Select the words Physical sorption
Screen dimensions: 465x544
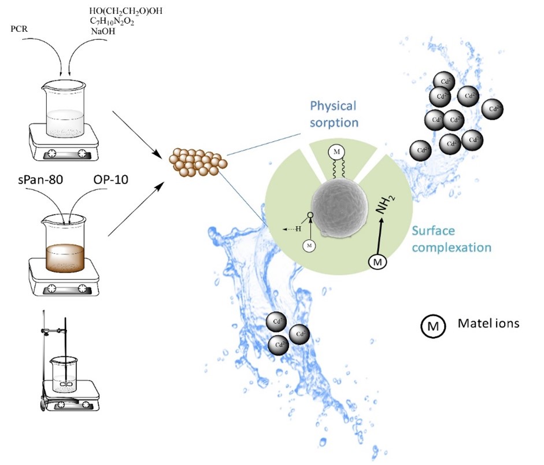click(x=334, y=114)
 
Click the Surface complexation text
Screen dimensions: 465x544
click(x=452, y=239)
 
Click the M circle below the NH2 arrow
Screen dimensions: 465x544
click(x=378, y=263)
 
